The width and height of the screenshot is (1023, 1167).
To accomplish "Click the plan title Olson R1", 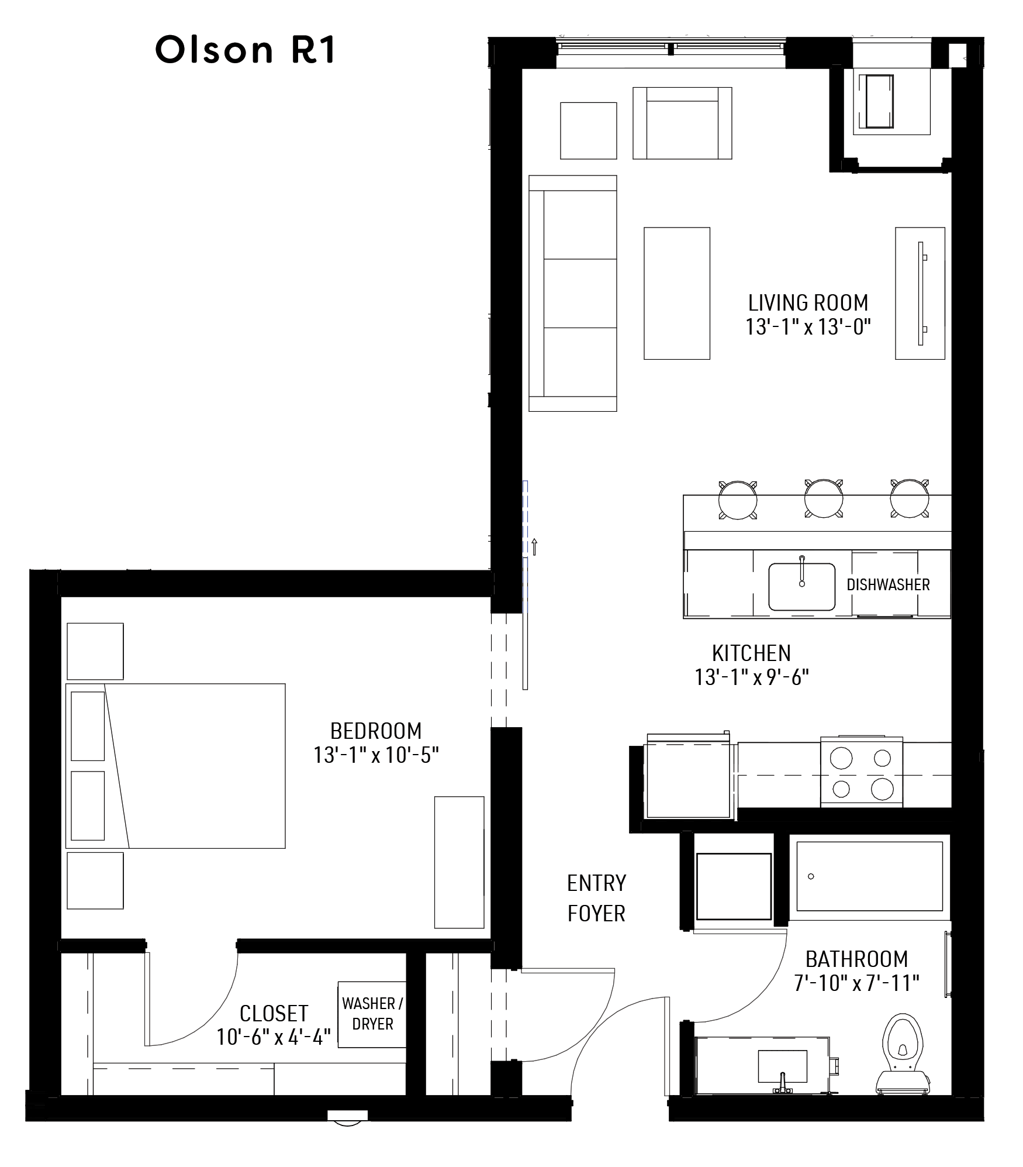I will [x=245, y=50].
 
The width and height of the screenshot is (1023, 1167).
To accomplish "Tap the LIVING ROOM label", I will [x=808, y=303].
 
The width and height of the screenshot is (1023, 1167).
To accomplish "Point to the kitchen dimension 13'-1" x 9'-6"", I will [x=751, y=677].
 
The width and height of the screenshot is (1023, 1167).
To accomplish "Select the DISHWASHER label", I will [x=887, y=584].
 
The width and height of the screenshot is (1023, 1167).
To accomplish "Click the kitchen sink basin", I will [x=801, y=586].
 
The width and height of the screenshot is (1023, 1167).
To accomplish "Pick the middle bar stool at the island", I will [x=823, y=499].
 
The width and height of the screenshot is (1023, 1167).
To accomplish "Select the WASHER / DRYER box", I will [x=372, y=1014].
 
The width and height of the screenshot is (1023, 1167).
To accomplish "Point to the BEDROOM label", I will [x=375, y=731].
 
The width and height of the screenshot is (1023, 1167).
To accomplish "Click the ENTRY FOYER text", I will [x=596, y=898].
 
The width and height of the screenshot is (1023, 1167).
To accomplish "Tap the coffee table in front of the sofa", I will [x=676, y=293].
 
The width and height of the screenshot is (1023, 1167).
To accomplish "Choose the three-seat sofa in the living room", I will [x=573, y=293].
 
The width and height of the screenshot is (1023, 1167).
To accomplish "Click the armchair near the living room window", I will [x=682, y=123].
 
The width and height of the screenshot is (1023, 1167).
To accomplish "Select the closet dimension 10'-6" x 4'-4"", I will [x=273, y=1037].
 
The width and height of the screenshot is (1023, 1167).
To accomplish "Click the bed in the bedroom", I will [x=175, y=766].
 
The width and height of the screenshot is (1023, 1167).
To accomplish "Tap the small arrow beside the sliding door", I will [x=534, y=546].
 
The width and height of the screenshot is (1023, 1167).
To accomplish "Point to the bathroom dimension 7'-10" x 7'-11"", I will [x=856, y=983].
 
